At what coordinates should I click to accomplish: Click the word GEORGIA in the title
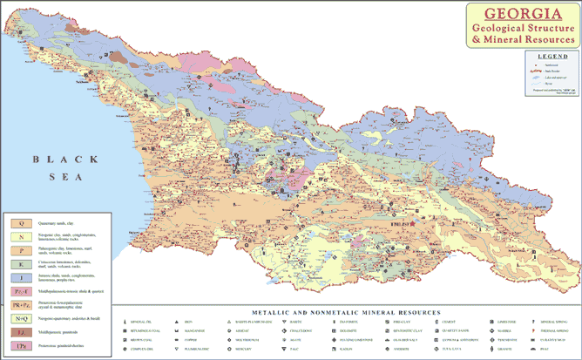pyautogui.click(x=520, y=13)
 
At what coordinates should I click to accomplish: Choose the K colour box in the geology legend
pyautogui.click(x=18, y=262)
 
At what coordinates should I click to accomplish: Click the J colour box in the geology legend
pyautogui.click(x=18, y=276)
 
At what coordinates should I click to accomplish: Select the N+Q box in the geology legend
pyautogui.click(x=18, y=318)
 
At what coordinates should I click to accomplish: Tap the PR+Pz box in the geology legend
pyautogui.click(x=18, y=304)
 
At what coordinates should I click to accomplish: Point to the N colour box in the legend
pyautogui.click(x=18, y=236)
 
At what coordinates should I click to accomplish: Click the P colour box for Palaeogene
pyautogui.click(x=18, y=248)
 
